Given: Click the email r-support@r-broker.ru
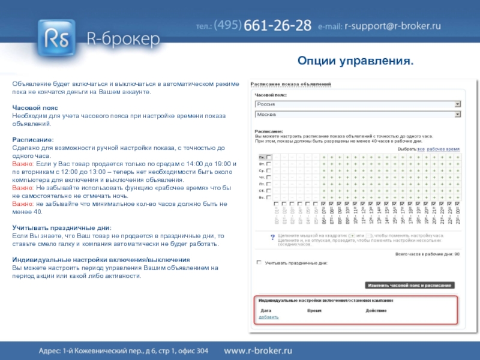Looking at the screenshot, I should [392, 26].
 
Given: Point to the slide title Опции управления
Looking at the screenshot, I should [356, 62].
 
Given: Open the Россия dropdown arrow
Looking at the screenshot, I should [457, 104].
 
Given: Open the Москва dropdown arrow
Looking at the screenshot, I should [457, 113].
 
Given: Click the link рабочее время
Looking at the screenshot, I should [443, 148].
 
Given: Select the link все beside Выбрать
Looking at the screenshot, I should [421, 148].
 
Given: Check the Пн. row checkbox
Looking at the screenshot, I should [269, 157].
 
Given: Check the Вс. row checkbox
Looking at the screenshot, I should [269, 197].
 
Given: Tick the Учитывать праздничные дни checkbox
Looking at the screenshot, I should [259, 262].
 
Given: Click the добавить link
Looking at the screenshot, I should [269, 316].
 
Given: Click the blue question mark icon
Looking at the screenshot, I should [272, 236].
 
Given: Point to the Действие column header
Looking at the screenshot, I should [376, 310].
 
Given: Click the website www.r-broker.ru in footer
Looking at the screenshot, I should [258, 350].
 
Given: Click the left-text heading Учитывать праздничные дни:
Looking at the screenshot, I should [62, 228].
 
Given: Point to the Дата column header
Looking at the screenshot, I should [265, 310].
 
